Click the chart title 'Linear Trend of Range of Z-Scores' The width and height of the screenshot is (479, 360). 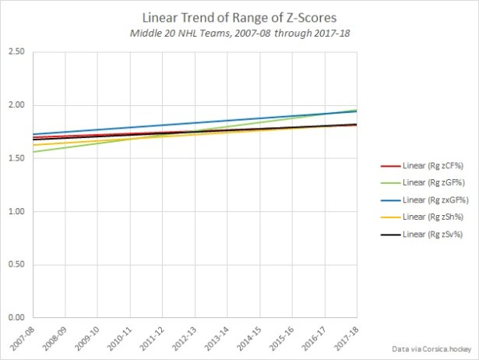pos(240,16)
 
